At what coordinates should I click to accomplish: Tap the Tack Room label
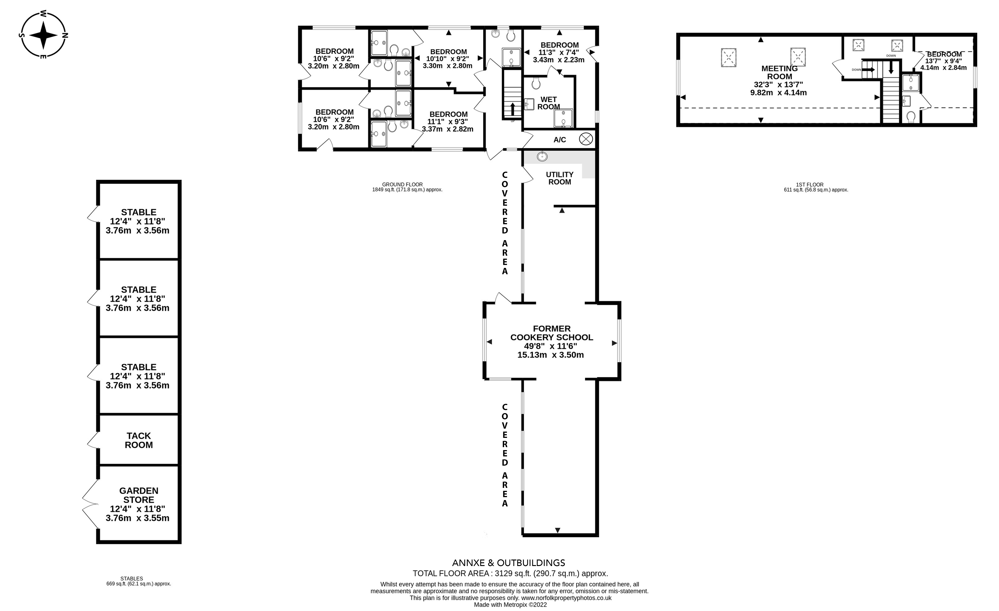(139, 440)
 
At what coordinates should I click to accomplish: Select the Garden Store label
(139, 495)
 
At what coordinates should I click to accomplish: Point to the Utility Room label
(559, 178)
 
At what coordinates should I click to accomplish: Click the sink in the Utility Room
(542, 156)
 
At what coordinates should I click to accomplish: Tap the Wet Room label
(549, 103)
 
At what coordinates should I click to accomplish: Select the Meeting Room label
(779, 72)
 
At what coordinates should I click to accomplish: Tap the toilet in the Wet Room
(536, 84)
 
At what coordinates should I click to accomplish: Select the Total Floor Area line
(510, 573)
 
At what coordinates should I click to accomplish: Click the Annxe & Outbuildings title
(508, 563)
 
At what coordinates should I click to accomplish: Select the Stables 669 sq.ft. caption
(139, 581)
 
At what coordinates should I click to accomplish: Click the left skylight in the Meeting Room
(729, 57)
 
